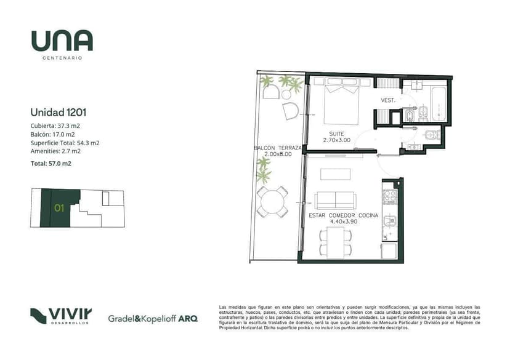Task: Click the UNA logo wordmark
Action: pyautogui.click(x=62, y=41)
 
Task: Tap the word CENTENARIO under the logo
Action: pyautogui.click(x=62, y=58)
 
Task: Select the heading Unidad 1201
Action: pyautogui.click(x=59, y=113)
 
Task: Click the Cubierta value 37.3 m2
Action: pyautogui.click(x=68, y=126)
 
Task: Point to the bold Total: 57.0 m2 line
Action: pyautogui.click(x=51, y=164)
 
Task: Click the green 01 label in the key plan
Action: pyautogui.click(x=59, y=208)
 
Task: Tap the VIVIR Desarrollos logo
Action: pyautogui.click(x=61, y=316)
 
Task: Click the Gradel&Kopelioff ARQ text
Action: pyautogui.click(x=153, y=319)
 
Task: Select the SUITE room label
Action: pyautogui.click(x=336, y=134)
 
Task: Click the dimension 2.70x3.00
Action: pyautogui.click(x=337, y=140)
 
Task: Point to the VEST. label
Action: pyautogui.click(x=388, y=100)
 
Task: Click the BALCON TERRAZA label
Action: pyautogui.click(x=278, y=148)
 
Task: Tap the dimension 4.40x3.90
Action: pyautogui.click(x=344, y=222)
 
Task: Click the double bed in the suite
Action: pyautogui.click(x=341, y=102)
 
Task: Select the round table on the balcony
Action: pyautogui.click(x=272, y=201)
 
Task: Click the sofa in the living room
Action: pyautogui.click(x=335, y=201)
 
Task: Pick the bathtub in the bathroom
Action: pyautogui.click(x=439, y=103)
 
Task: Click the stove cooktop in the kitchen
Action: pyautogui.click(x=390, y=197)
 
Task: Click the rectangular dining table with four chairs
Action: pyautogui.click(x=336, y=242)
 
